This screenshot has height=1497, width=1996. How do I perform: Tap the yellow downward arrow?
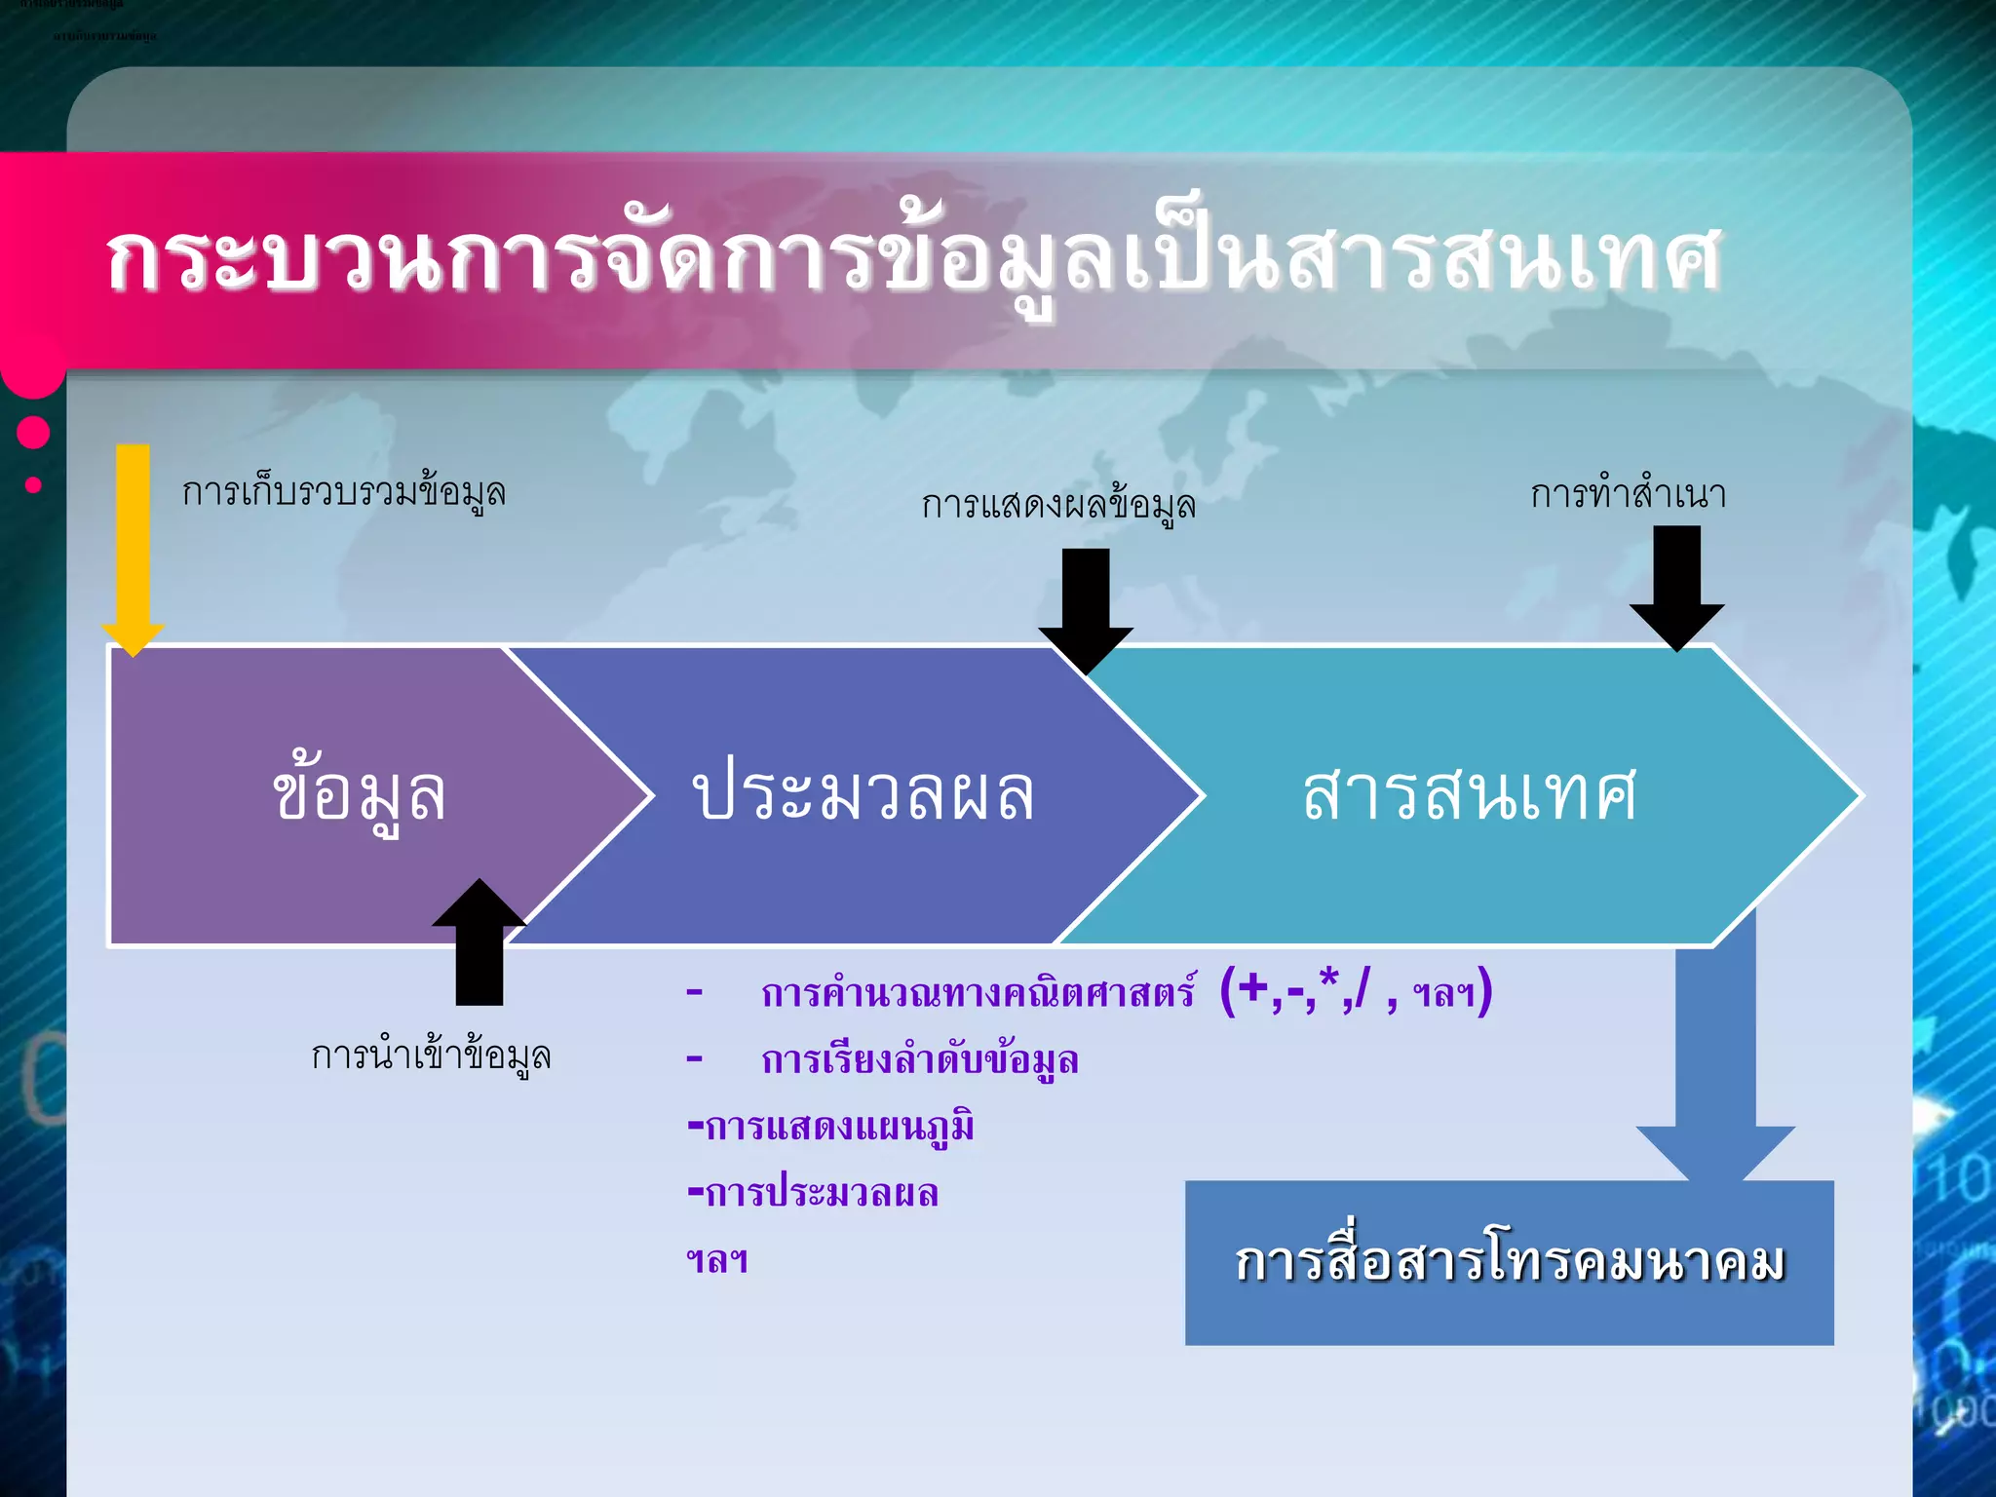tap(134, 546)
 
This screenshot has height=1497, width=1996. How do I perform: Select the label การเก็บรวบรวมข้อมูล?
tap(344, 492)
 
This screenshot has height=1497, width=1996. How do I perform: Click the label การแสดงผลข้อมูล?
tap(1058, 505)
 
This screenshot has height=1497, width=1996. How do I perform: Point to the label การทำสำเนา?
tap(1628, 494)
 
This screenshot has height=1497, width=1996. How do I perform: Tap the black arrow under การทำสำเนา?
tap(1676, 585)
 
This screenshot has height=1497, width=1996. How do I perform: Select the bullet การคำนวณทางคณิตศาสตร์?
tap(978, 993)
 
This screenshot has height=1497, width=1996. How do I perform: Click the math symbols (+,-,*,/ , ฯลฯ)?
tap(1356, 991)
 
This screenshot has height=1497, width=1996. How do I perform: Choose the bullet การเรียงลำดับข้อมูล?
tap(919, 1059)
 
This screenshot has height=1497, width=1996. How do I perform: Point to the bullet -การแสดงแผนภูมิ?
tap(830, 1127)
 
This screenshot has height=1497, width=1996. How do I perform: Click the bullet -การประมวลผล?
tap(813, 1193)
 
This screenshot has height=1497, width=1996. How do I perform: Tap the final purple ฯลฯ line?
tap(717, 1260)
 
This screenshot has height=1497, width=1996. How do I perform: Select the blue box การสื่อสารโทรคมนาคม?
tap(1509, 1262)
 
